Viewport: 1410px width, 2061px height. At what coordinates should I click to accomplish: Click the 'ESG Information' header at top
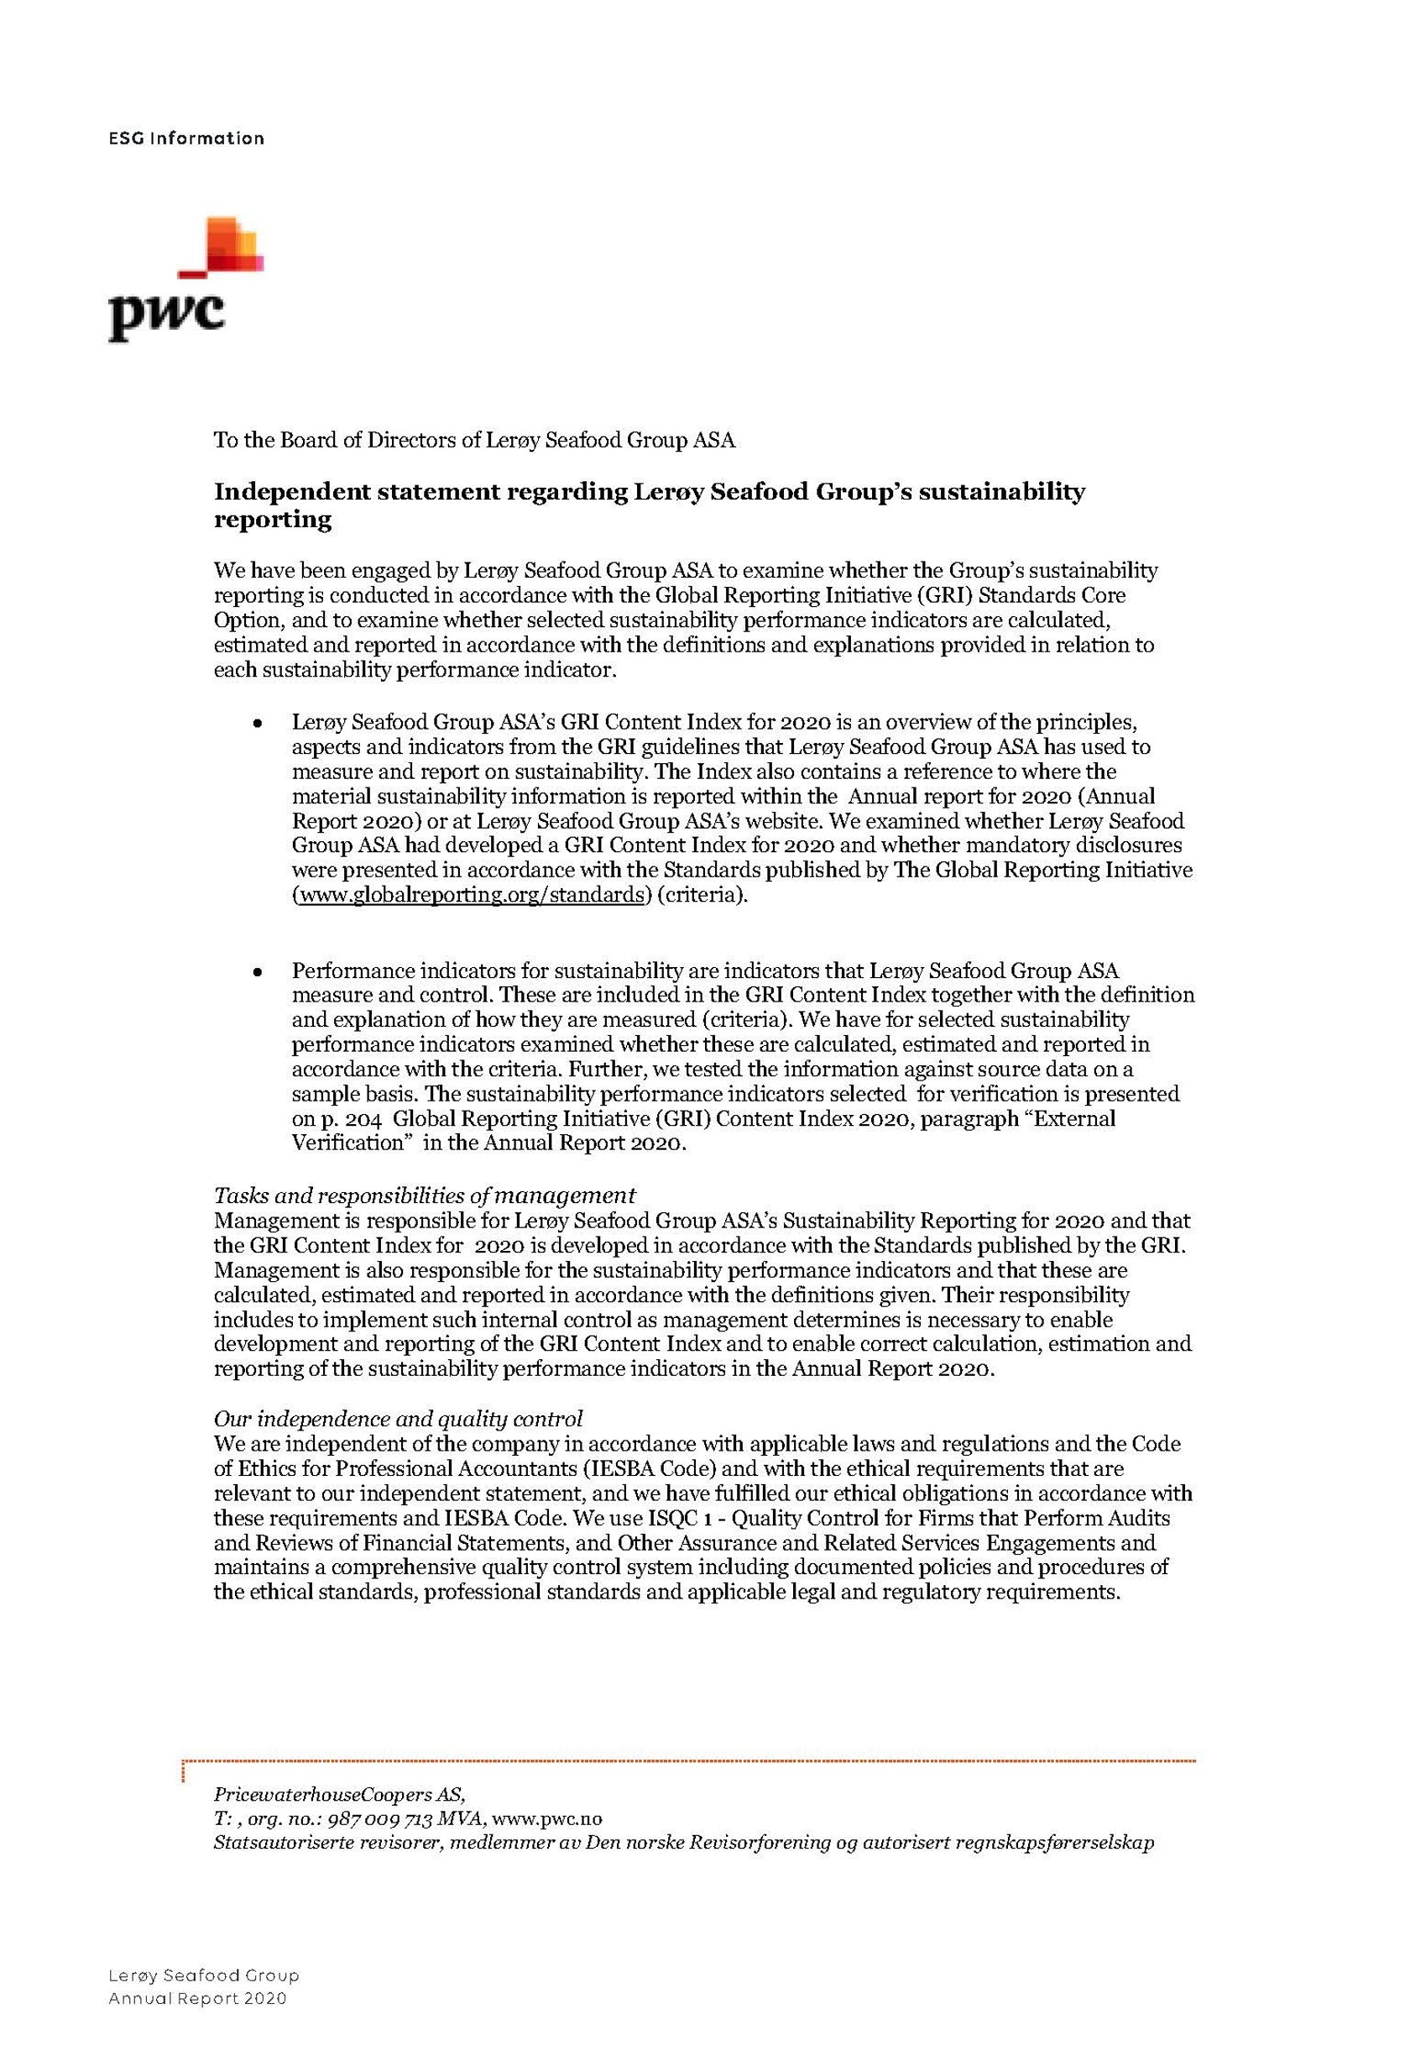coord(186,139)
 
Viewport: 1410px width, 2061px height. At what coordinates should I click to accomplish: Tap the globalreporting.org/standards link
coord(471,895)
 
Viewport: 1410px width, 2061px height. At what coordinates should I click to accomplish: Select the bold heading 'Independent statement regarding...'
coord(649,505)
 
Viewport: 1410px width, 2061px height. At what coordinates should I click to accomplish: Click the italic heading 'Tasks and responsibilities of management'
coord(425,1195)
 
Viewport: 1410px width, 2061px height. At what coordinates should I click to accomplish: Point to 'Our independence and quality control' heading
coord(398,1418)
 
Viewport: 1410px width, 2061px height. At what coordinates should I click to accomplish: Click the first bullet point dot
coord(256,724)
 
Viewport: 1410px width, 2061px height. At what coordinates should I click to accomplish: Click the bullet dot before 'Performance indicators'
coord(256,972)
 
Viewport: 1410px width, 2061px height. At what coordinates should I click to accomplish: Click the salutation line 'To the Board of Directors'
coord(474,440)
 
